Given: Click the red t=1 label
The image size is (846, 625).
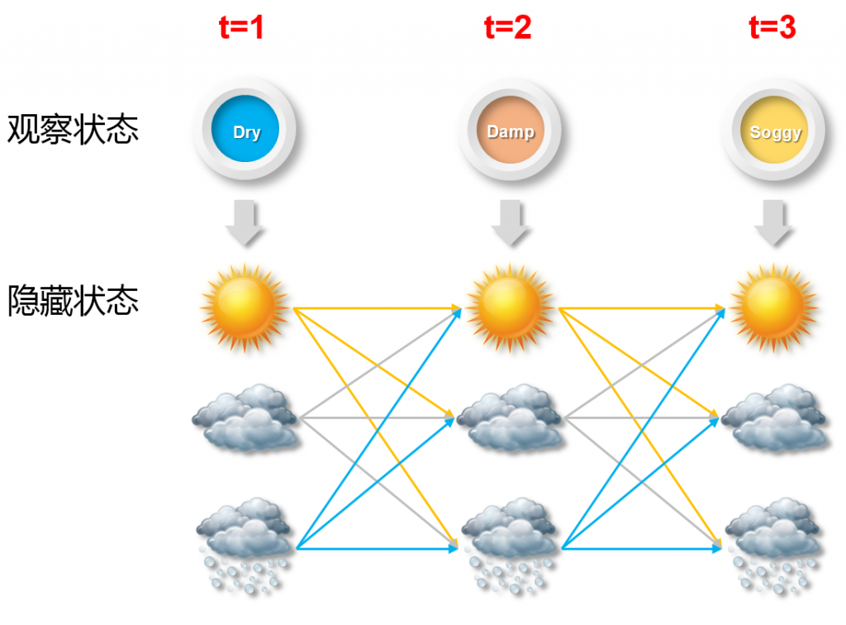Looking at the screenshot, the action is pyautogui.click(x=242, y=28).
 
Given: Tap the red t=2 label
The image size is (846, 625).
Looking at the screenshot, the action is pyautogui.click(x=507, y=28).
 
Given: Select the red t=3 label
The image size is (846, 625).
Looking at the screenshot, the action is pyautogui.click(x=772, y=28).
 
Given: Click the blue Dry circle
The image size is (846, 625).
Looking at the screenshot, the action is pyautogui.click(x=245, y=131).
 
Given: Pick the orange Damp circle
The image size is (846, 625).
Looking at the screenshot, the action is pyautogui.click(x=511, y=131).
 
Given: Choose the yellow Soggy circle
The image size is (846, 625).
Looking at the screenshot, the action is pyautogui.click(x=775, y=131).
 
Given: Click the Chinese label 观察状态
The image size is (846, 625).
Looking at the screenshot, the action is pyautogui.click(x=73, y=130).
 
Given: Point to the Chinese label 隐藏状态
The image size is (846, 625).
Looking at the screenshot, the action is pyautogui.click(x=73, y=300).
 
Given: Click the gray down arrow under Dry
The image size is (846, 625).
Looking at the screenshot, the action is pyautogui.click(x=245, y=222).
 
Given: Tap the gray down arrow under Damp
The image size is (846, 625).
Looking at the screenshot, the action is pyautogui.click(x=511, y=222).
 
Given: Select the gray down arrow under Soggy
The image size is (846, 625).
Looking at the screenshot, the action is pyautogui.click(x=775, y=222).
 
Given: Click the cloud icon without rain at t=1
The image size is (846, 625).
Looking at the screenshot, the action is pyautogui.click(x=245, y=417).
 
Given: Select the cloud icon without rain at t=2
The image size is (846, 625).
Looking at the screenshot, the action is pyautogui.click(x=510, y=417).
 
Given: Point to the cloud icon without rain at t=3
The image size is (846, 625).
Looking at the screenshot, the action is pyautogui.click(x=774, y=417).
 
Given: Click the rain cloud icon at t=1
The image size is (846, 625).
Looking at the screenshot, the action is pyautogui.click(x=245, y=542).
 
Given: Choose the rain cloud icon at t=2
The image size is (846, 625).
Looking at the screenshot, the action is pyautogui.click(x=510, y=542).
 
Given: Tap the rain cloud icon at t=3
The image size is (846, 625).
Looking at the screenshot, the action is pyautogui.click(x=774, y=542).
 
